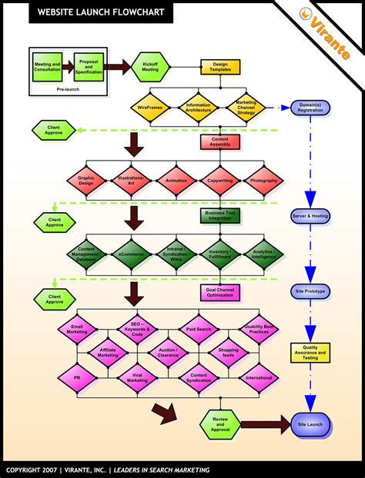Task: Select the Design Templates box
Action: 221,68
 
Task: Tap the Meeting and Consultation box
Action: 48,67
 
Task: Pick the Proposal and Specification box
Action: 89,67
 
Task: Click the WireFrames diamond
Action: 150,108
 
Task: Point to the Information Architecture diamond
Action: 198,108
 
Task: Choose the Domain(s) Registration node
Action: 310,108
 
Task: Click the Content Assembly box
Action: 221,142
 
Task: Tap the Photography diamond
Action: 264,181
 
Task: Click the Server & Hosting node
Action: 311,217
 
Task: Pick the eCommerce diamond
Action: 132,252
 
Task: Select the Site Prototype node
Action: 311,292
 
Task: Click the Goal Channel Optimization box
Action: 221,292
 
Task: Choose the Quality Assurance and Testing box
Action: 310,353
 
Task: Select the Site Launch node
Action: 311,423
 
